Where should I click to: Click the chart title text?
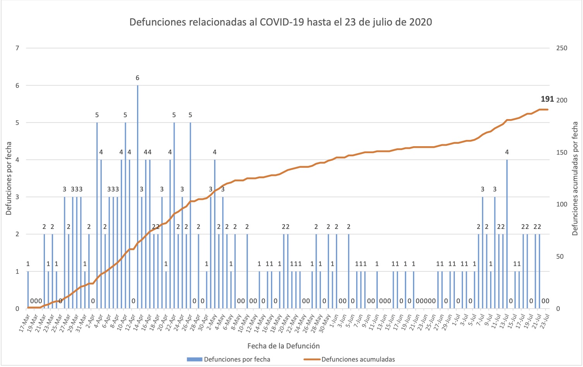(x=281, y=22)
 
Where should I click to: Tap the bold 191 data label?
(x=547, y=99)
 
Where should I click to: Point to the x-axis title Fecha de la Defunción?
(x=283, y=346)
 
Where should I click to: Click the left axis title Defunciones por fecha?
(x=9, y=178)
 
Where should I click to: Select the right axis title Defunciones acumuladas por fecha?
(x=575, y=178)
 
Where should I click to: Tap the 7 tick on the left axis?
(x=17, y=48)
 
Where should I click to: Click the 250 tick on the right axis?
(x=561, y=48)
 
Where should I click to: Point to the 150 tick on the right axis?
(x=561, y=152)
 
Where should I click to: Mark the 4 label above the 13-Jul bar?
(x=507, y=152)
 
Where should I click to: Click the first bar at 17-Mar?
(x=28, y=290)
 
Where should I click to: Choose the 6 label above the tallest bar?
(x=137, y=78)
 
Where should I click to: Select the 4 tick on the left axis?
(x=17, y=160)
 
